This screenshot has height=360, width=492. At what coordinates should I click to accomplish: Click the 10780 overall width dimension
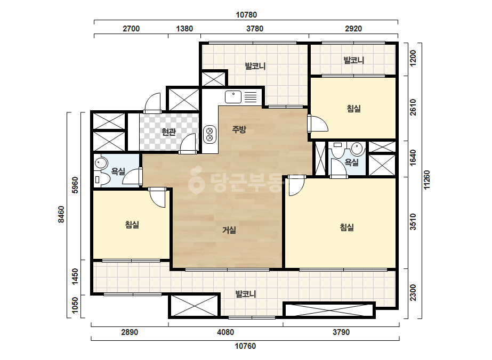pyautogui.click(x=246, y=15)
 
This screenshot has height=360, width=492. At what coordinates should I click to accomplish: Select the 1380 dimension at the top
pyautogui.click(x=184, y=29)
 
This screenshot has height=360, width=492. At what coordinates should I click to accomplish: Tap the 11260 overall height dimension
pyautogui.click(x=427, y=180)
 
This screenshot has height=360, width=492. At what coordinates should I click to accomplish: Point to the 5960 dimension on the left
pyautogui.click(x=75, y=185)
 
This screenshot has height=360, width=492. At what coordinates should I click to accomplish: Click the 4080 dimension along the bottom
pyautogui.click(x=225, y=332)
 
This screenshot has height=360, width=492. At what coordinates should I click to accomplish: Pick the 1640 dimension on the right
pyautogui.click(x=413, y=158)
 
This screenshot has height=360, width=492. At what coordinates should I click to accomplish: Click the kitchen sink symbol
pyautogui.click(x=233, y=97)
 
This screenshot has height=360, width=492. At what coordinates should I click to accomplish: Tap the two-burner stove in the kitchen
pyautogui.click(x=210, y=134)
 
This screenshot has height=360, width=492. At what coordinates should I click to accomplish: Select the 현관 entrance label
pyautogui.click(x=168, y=132)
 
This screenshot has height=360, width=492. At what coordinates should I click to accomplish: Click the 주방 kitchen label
pyautogui.click(x=239, y=129)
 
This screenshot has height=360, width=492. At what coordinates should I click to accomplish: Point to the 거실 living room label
pyautogui.click(x=229, y=230)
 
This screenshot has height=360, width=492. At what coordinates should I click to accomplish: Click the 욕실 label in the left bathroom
pyautogui.click(x=118, y=171)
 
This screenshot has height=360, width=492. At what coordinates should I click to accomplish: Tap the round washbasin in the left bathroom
pyautogui.click(x=101, y=163)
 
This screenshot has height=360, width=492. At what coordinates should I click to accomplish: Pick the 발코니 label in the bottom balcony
pyautogui.click(x=246, y=294)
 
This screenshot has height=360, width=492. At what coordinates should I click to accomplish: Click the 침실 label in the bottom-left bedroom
pyautogui.click(x=132, y=225)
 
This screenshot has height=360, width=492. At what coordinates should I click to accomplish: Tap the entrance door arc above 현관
pyautogui.click(x=152, y=102)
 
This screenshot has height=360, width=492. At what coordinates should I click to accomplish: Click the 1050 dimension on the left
pyautogui.click(x=75, y=305)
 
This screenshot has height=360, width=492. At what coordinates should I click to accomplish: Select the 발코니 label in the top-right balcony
pyautogui.click(x=353, y=60)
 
